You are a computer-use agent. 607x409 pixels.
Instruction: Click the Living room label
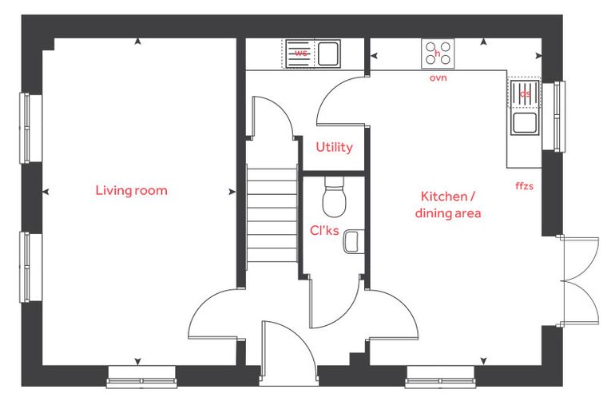(131, 191)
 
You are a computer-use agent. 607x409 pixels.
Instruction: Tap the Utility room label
(334, 147)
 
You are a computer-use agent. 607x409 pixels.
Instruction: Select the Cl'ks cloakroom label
(324, 230)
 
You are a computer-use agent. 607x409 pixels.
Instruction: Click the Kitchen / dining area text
(448, 204)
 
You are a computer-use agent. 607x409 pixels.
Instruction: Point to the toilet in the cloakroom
(334, 197)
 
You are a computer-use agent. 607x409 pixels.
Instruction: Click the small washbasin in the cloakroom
(351, 241)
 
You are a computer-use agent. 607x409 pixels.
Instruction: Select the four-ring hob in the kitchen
(438, 54)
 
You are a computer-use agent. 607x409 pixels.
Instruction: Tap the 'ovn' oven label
(438, 77)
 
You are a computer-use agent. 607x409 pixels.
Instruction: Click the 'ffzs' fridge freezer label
(524, 186)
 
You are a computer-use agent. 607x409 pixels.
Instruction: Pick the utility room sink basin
(328, 54)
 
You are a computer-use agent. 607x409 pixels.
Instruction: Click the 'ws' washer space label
(301, 53)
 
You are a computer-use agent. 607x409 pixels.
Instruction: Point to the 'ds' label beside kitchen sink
(525, 93)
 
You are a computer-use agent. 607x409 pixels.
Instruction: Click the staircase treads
(272, 215)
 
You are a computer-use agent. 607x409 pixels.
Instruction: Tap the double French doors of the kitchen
(576, 280)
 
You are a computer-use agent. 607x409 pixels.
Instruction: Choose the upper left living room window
(26, 128)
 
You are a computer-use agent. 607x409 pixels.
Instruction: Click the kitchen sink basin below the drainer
(525, 123)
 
